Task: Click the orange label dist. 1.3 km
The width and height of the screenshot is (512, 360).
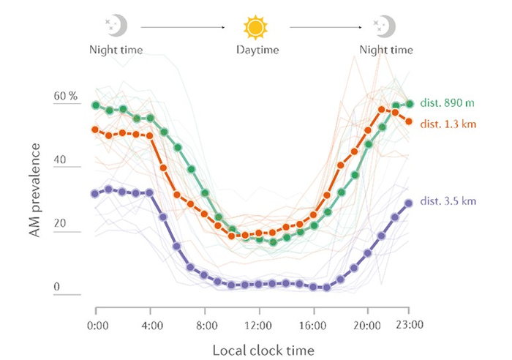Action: pos(448,124)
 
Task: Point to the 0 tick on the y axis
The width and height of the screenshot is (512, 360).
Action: pos(56,287)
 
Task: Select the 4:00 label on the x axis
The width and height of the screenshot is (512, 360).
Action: pos(149,323)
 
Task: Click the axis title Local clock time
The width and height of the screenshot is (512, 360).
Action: pos(263,350)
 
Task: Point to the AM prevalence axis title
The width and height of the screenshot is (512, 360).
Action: pos(34,192)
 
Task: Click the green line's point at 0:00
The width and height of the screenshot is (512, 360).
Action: pos(95,105)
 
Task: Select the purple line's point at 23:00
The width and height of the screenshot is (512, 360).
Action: pos(409,203)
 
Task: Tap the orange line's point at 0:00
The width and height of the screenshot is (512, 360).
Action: pos(95,130)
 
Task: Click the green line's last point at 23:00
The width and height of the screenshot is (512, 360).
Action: pos(410,104)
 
